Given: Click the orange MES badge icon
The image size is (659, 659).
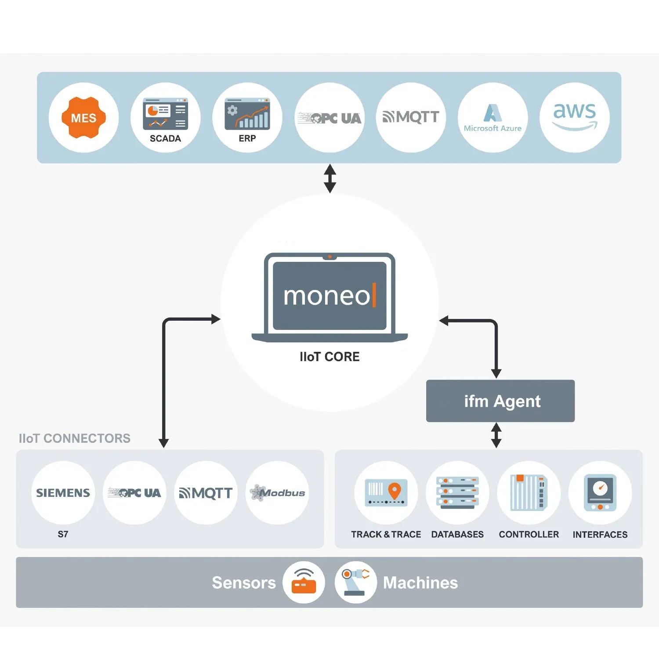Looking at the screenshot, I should (x=83, y=118).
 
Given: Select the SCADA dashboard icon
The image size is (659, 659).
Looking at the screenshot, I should (x=165, y=113).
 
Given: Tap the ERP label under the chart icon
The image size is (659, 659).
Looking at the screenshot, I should (x=247, y=138).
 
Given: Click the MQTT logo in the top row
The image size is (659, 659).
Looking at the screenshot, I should (x=411, y=117).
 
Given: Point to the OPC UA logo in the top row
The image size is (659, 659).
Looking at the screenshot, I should (x=329, y=118).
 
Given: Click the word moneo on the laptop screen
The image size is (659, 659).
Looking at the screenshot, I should (x=327, y=296).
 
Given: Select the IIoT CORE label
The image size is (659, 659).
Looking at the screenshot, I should (x=329, y=357).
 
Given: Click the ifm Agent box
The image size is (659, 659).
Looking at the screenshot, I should (x=500, y=401).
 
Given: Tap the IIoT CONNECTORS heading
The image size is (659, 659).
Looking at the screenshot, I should (x=75, y=438).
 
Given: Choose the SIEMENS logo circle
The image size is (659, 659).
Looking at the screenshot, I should (x=63, y=493).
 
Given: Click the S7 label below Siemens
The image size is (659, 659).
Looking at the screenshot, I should (x=63, y=534).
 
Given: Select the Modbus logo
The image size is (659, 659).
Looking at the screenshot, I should (x=277, y=493).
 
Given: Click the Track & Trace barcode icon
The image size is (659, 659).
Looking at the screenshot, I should (x=386, y=492).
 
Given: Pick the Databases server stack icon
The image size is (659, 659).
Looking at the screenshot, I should (x=457, y=492).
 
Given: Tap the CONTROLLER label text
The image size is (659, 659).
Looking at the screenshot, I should (x=529, y=535).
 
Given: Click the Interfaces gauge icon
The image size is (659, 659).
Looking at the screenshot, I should (x=600, y=492).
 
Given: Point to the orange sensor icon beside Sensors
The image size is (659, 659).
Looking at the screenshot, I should (x=304, y=582).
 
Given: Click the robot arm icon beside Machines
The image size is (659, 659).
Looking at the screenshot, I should (x=356, y=582).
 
